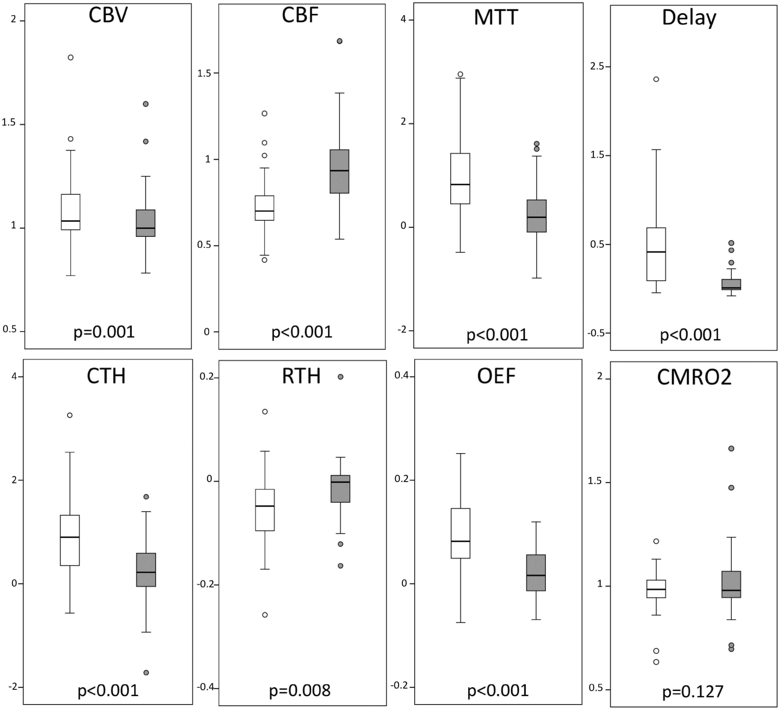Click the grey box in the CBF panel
[339, 171]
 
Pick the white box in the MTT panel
[460, 179]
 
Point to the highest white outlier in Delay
[656, 79]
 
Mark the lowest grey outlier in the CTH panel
[146, 672]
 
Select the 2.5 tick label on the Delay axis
[597, 66]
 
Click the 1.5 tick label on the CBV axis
[9, 123]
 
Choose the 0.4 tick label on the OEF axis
[402, 375]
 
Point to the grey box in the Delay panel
[731, 285]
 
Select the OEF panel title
[496, 376]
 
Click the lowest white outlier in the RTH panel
[265, 615]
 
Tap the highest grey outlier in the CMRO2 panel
[731, 448]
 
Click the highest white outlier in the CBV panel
[71, 58]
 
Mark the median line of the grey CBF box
[339, 170]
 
